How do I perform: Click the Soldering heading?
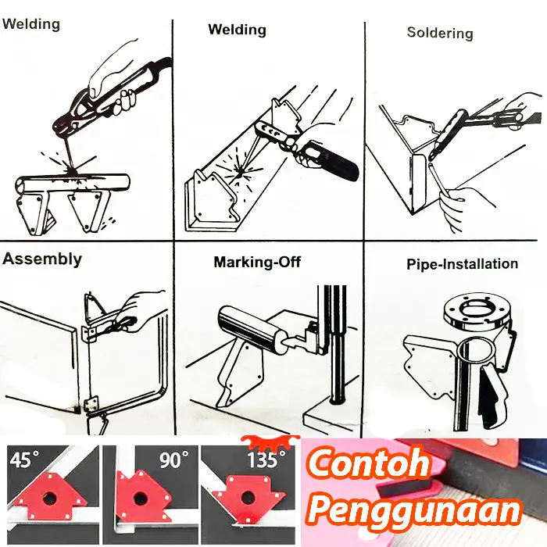click(440, 33)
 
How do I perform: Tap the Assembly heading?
click(42, 259)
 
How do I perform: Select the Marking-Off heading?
click(257, 262)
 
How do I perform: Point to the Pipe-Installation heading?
click(463, 264)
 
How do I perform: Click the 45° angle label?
click(24, 459)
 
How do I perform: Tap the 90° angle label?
click(174, 459)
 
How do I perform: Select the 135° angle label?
click(266, 459)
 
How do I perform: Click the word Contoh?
click(368, 463)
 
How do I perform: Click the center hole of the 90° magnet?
click(140, 497)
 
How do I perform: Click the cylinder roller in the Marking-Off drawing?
click(249, 329)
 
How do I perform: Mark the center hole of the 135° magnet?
click(247, 497)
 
